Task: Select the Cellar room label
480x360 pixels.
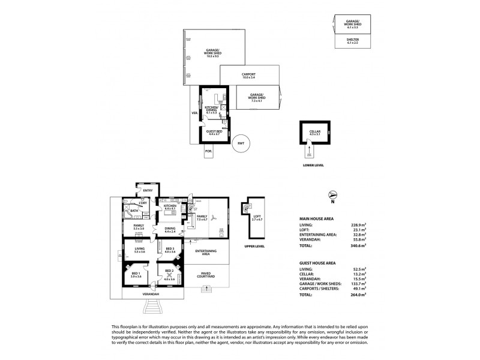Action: [x=314, y=131]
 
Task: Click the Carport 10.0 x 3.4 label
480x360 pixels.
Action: [x=249, y=76]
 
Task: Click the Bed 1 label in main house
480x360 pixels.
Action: [x=136, y=275]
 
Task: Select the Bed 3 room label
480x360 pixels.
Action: [x=170, y=249]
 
